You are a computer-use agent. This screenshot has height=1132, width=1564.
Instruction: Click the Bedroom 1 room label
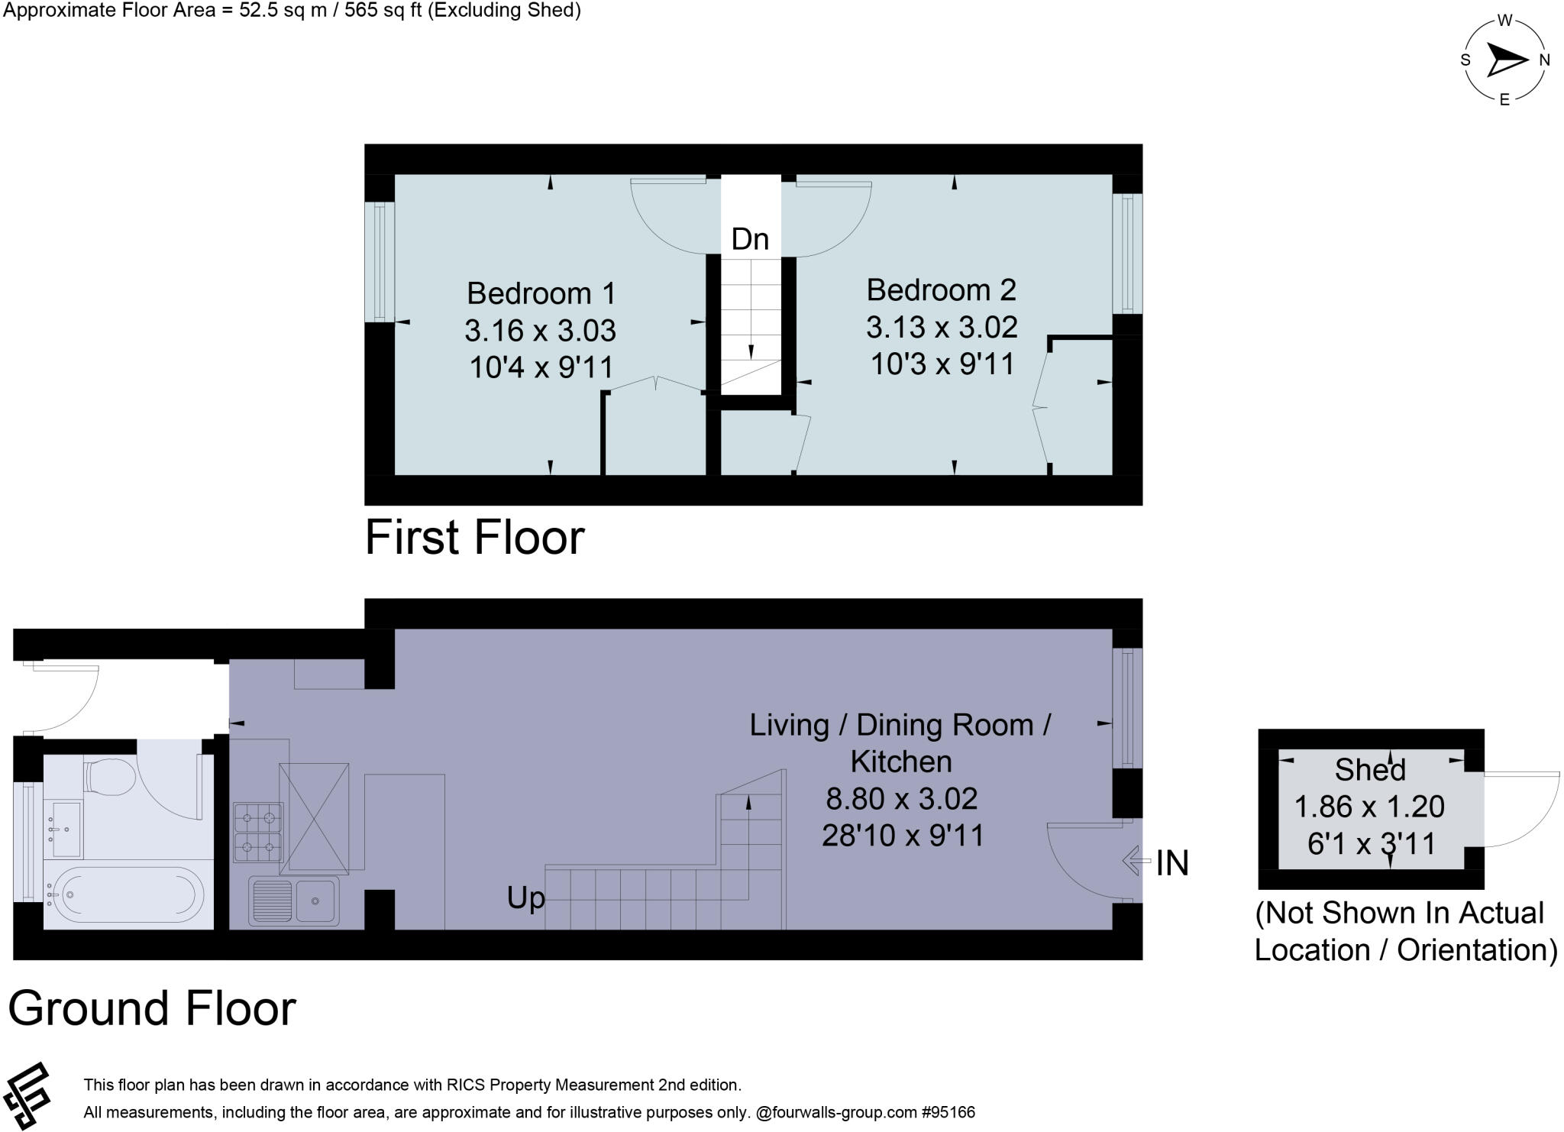[x=541, y=293]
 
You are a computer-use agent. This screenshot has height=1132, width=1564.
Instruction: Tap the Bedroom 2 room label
[x=941, y=290]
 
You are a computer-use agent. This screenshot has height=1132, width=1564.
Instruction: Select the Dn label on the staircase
[x=750, y=240]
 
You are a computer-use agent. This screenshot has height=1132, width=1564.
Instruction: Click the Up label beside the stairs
[x=525, y=898]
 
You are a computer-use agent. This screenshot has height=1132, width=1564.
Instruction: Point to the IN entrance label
[x=1171, y=863]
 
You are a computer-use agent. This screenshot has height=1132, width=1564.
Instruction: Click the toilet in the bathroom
[x=109, y=777]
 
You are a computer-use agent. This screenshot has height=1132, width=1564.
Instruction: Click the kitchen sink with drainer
[x=294, y=901]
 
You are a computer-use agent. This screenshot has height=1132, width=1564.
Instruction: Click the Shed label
[x=1370, y=770]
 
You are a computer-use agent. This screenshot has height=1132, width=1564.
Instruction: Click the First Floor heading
[x=474, y=537]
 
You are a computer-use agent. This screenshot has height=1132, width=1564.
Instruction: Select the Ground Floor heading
[x=152, y=1008]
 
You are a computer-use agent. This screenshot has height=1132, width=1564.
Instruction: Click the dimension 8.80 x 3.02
[x=901, y=799]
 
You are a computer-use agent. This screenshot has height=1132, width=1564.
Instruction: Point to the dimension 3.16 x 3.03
[x=540, y=331]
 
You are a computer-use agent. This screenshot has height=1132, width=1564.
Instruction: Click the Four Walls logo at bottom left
[x=27, y=1096]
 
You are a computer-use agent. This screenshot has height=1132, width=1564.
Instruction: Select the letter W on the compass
[x=1504, y=21]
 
